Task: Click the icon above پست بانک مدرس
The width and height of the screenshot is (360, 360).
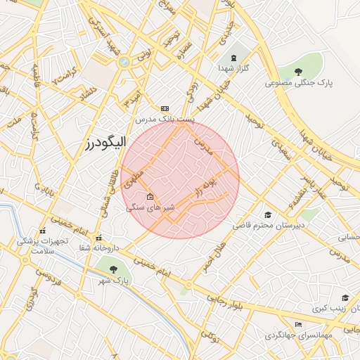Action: [x=165, y=108]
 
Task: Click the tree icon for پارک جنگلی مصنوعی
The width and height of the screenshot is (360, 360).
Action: [x=299, y=72]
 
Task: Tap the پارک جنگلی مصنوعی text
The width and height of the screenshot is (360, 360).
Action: [x=299, y=83]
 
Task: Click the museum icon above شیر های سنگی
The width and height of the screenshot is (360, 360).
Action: [x=149, y=197]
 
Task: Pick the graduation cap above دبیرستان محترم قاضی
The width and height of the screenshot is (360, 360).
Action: [x=267, y=214]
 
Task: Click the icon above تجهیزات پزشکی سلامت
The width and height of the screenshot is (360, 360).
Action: [x=42, y=231]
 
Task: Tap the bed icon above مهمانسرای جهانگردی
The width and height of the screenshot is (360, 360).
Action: [x=299, y=324]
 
